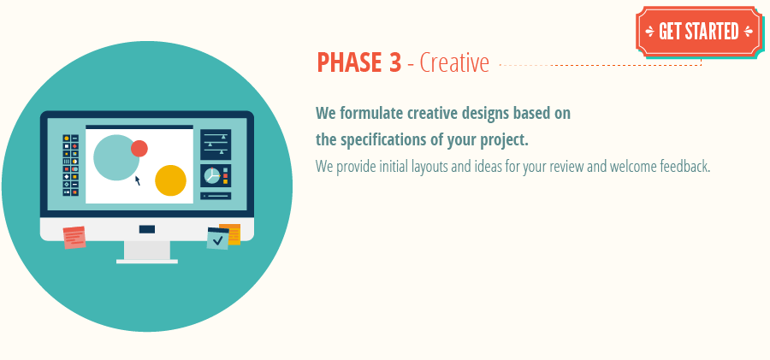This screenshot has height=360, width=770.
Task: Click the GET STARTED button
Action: tap(699, 32)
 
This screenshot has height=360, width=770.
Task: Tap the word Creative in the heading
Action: tap(454, 63)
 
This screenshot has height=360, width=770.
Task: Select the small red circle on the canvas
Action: tap(139, 149)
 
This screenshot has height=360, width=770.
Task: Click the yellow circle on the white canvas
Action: tap(170, 180)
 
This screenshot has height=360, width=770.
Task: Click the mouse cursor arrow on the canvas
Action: tap(137, 180)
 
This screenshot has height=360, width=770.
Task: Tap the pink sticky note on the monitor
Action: tap(74, 237)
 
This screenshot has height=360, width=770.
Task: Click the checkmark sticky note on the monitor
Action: tap(218, 239)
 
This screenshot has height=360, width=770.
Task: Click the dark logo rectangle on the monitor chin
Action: tap(147, 229)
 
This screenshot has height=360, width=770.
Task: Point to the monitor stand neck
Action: tap(147, 250)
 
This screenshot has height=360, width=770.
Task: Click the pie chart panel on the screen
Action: tap(216, 175)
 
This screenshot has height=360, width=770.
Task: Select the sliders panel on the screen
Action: tap(216, 144)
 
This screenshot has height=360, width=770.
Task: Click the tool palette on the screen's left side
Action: tap(71, 165)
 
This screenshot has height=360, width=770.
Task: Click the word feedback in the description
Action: tap(684, 166)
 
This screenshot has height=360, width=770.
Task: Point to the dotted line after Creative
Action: tap(599, 65)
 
